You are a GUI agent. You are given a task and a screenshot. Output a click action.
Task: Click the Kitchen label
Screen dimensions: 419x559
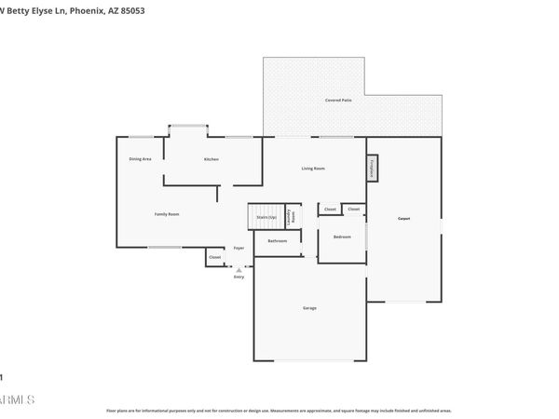tap(211, 159)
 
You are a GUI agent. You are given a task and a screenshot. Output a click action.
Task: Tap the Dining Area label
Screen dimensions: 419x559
tap(140, 159)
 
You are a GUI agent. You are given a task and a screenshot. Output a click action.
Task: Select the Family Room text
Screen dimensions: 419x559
tap(167, 214)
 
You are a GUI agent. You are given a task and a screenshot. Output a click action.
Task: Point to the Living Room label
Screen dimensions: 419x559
tap(312, 168)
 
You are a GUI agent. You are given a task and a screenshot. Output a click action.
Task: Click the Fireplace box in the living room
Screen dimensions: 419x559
tap(372, 169)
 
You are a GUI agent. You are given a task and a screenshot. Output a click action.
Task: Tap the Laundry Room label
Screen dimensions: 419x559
tap(291, 216)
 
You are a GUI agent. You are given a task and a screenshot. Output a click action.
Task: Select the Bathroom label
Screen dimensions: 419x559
tap(277, 241)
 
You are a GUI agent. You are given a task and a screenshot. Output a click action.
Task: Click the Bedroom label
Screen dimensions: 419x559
tap(342, 237)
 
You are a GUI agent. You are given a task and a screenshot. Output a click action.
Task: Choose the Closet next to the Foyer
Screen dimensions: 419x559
tap(214, 257)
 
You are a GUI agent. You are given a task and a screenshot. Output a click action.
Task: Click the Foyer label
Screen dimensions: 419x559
tap(239, 248)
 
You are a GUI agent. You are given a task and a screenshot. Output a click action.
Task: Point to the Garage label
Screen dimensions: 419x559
tap(309, 307)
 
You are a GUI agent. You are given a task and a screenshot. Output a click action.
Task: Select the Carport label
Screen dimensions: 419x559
tap(404, 219)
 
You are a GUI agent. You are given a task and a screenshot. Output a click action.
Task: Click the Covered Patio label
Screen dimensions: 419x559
tap(337, 99)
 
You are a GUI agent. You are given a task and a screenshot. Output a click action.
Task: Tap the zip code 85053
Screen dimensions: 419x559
tap(131, 11)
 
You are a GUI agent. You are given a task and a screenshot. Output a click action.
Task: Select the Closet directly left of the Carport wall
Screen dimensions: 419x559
tap(354, 209)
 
